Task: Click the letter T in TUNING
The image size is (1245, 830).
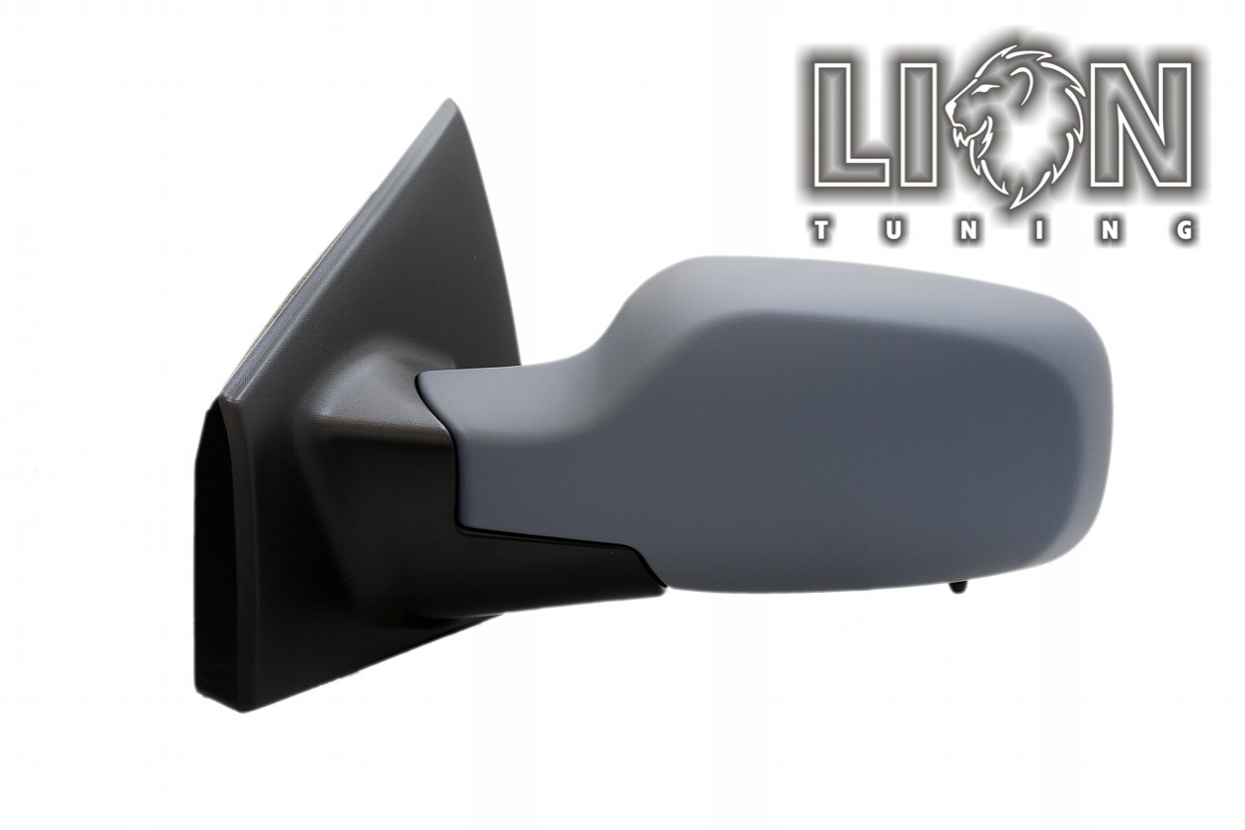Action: [x=821, y=231]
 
